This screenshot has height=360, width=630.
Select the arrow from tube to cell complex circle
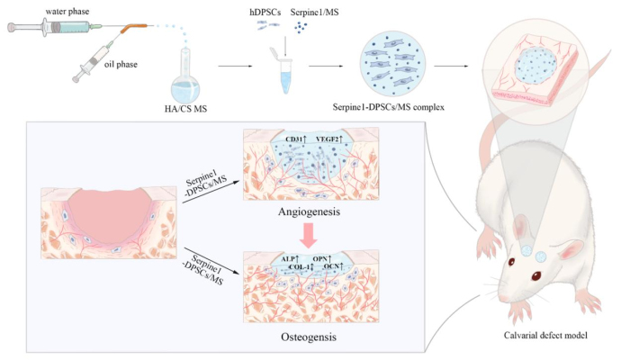click(x=333, y=65)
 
